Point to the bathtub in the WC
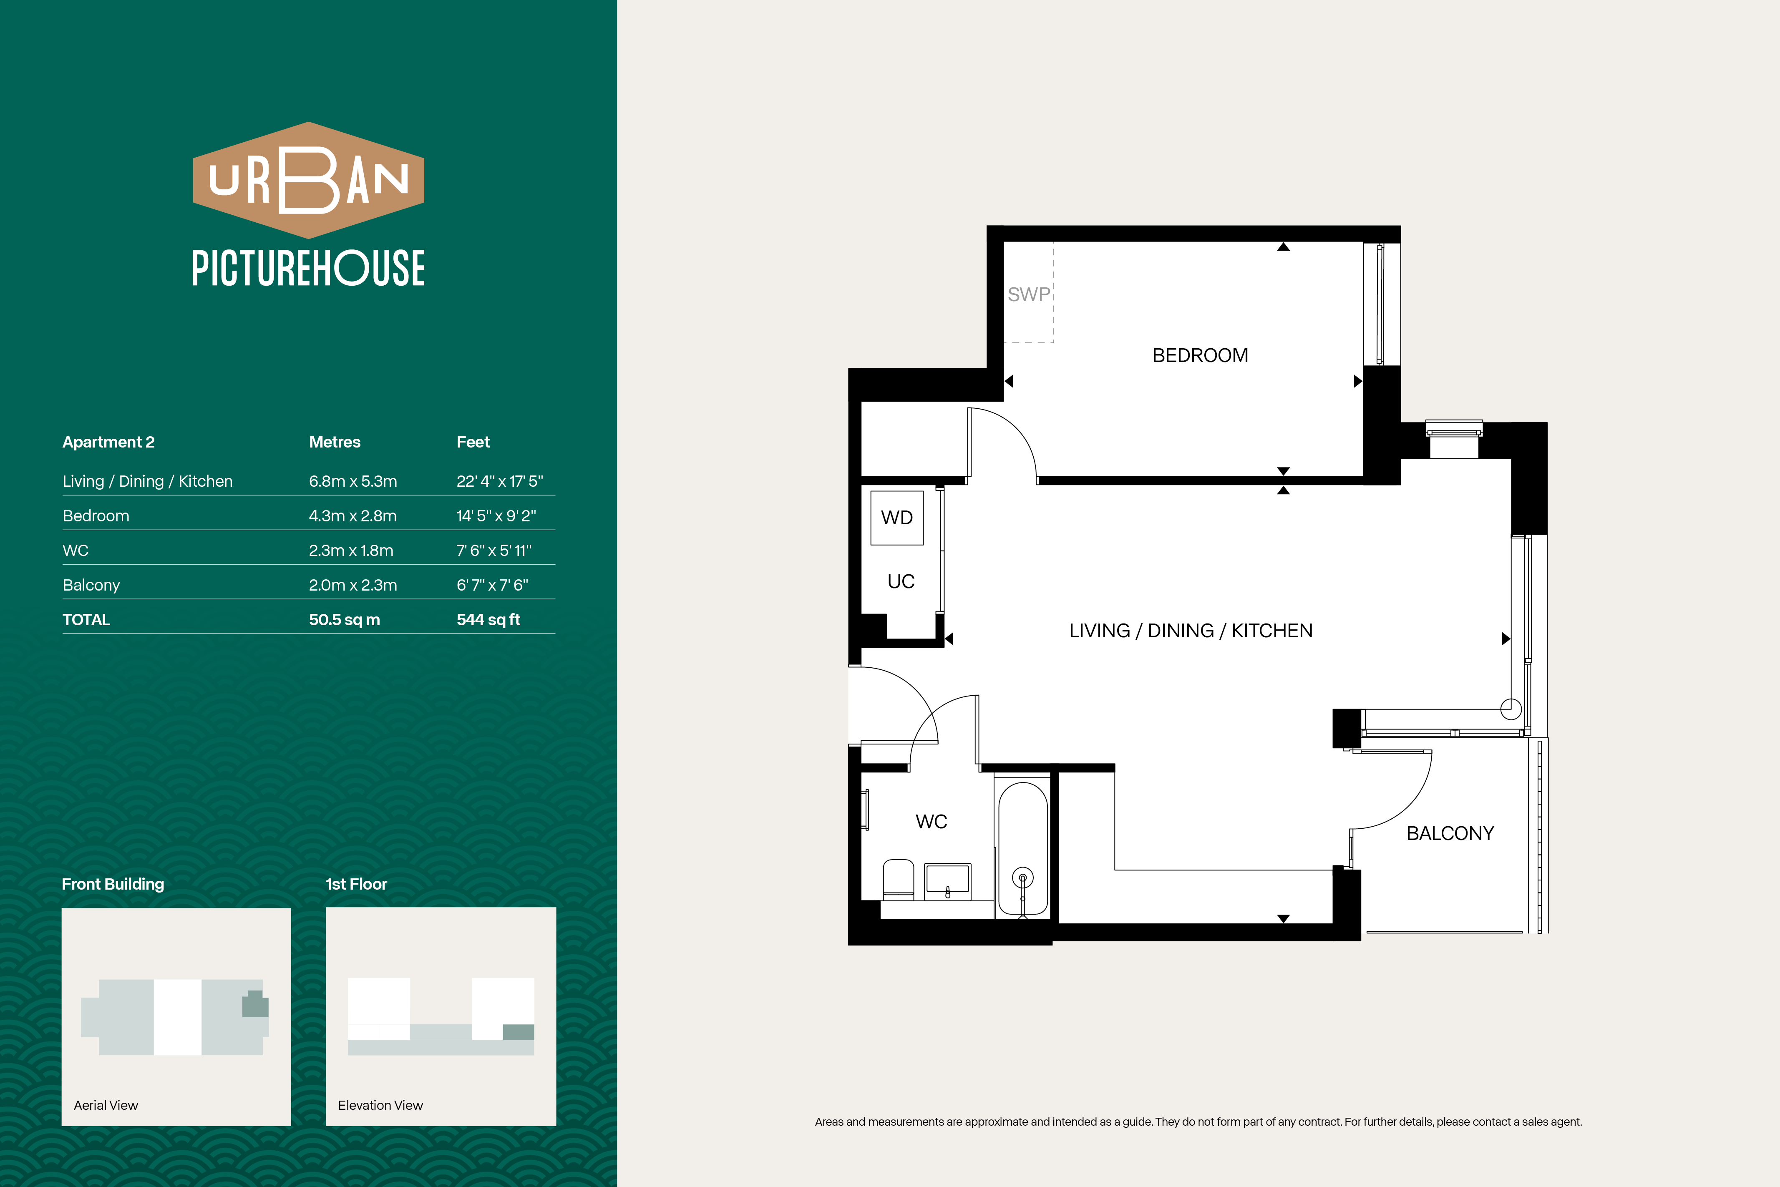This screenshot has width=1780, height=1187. tap(1023, 849)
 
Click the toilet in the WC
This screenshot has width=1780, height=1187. tap(899, 879)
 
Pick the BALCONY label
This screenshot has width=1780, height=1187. tap(1450, 833)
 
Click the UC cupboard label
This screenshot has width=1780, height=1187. tap(901, 581)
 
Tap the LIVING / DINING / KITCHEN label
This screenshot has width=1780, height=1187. tap(1191, 631)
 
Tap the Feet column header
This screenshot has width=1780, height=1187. tap(473, 442)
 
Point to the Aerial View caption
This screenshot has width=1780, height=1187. tap(106, 1105)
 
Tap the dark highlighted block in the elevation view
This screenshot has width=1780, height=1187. tap(519, 1032)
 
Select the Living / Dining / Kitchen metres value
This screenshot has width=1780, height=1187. tap(353, 481)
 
